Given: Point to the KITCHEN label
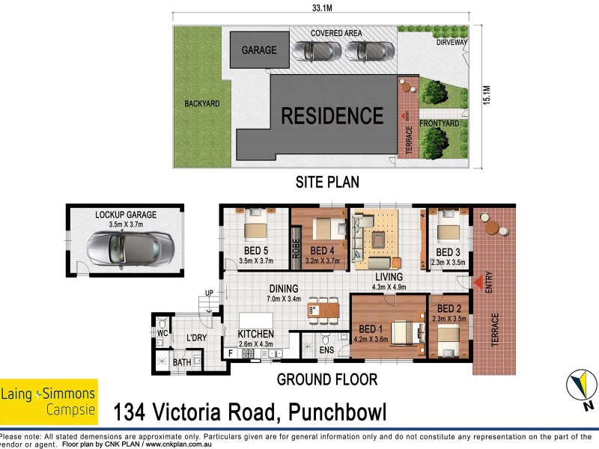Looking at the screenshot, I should click(255, 334).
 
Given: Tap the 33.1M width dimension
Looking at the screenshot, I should click(322, 8).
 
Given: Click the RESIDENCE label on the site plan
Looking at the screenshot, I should click(332, 116).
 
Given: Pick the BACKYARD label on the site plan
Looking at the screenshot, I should click(201, 104).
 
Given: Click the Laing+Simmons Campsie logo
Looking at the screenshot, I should click(49, 400).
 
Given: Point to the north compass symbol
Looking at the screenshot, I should click(580, 389).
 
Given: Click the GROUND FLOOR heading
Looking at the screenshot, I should click(326, 379).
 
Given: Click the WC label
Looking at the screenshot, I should click(162, 332).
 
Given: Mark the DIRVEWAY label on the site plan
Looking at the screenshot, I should click(452, 43).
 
